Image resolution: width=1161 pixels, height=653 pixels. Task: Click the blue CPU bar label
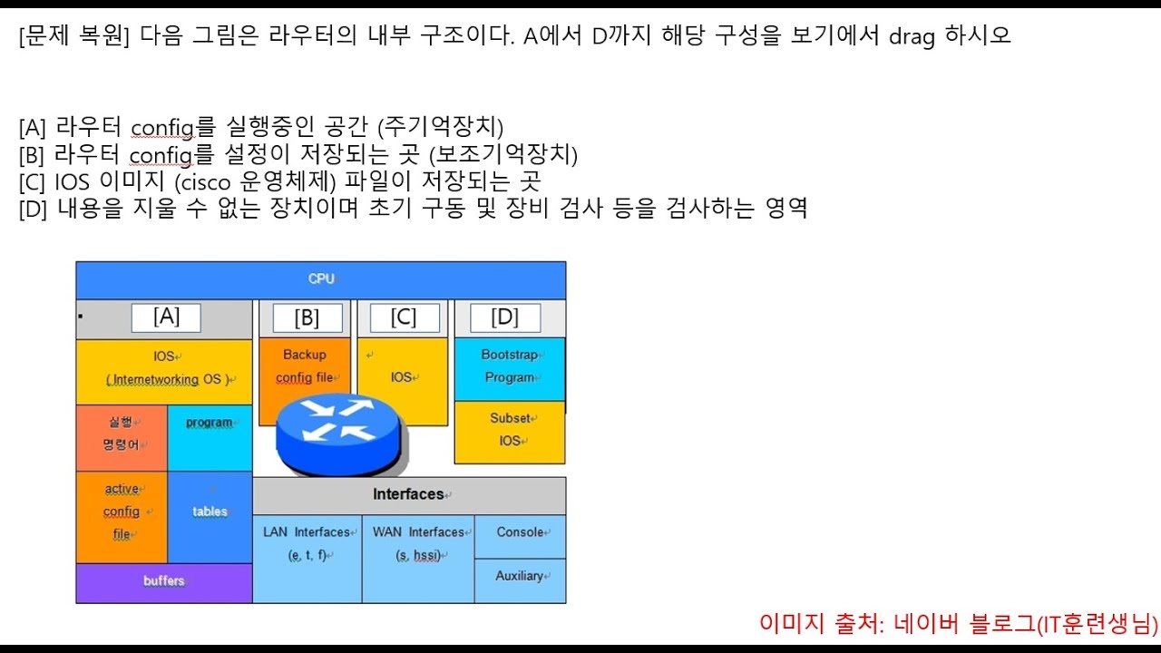pos(321,278)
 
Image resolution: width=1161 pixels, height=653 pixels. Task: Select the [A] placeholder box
pos(166,317)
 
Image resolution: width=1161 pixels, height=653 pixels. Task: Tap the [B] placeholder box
pos(307,317)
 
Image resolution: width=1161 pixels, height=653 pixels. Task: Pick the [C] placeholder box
pos(404,317)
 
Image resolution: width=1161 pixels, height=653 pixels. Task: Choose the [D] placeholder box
pos(504,317)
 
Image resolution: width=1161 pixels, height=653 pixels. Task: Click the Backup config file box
pos(304,365)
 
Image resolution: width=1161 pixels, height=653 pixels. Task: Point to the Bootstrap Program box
pos(509,366)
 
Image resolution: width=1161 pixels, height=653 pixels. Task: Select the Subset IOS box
pos(509,431)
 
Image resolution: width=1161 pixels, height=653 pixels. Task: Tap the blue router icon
pos(337,431)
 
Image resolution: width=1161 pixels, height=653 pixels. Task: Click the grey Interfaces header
pos(409,494)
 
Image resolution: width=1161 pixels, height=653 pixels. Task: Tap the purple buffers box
pos(163,581)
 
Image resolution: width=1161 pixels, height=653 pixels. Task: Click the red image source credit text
pos(959,624)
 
